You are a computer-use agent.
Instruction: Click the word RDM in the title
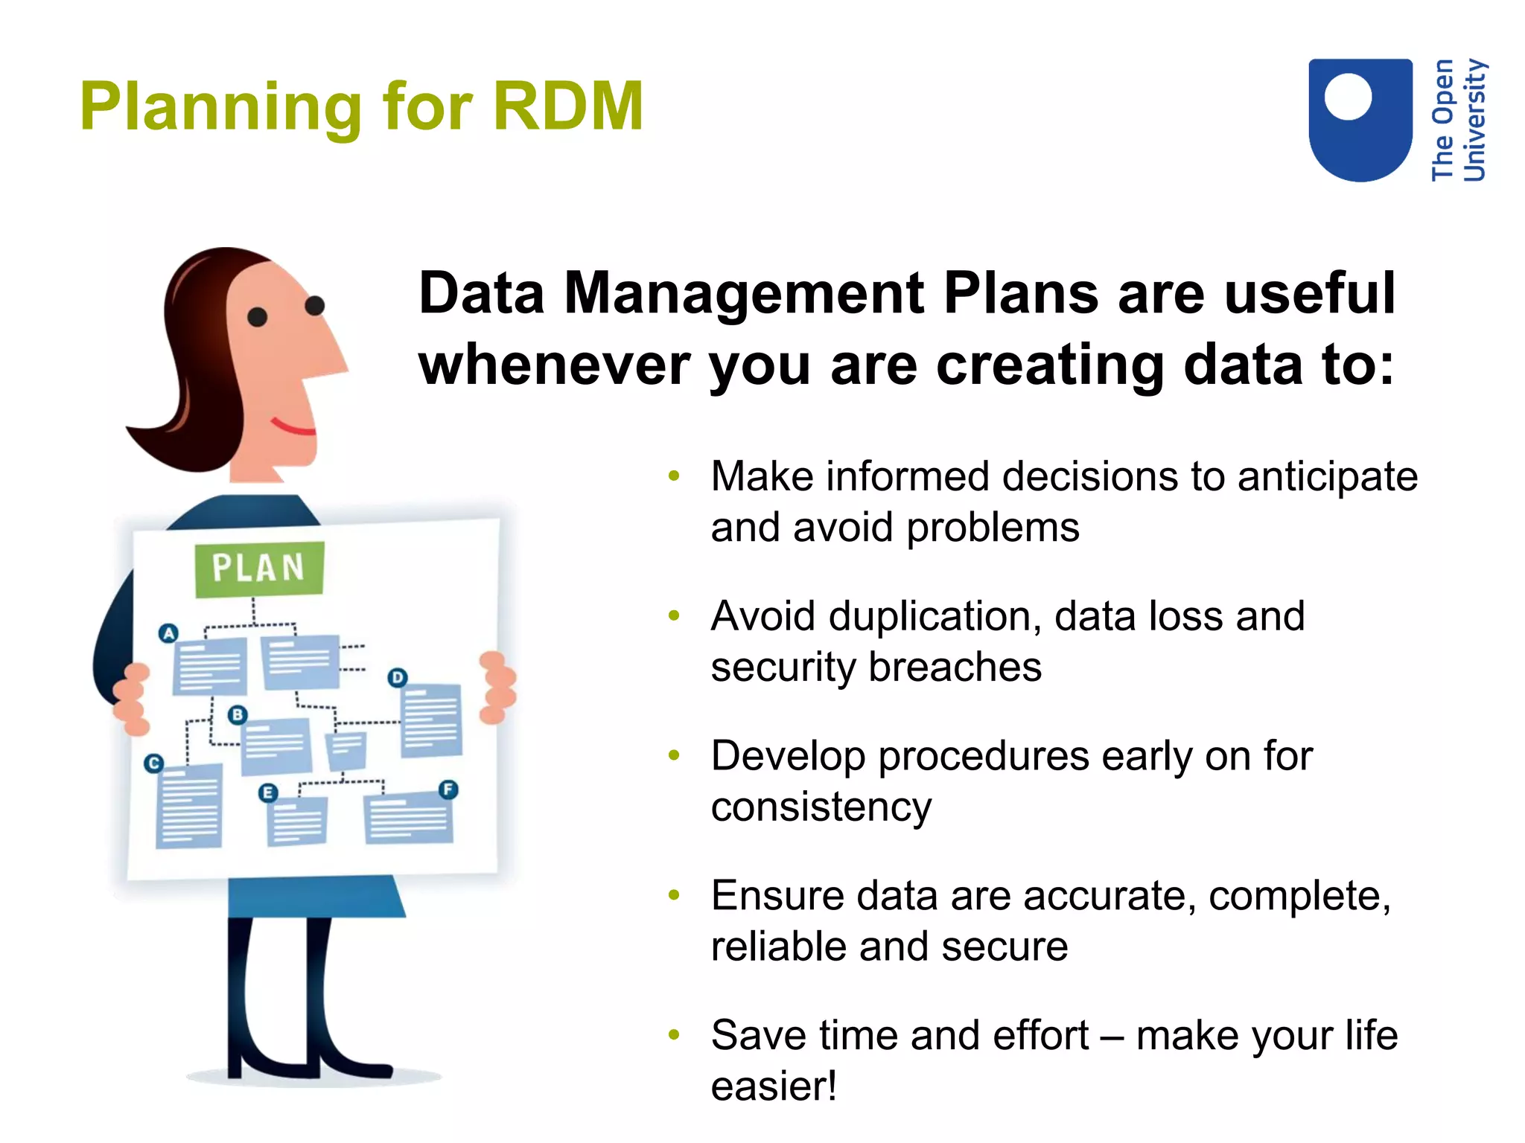(567, 106)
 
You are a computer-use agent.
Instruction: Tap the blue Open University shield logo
(1360, 119)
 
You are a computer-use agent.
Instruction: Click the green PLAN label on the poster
(258, 569)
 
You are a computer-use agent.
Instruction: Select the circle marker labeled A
(169, 633)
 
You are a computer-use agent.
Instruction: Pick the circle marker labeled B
(237, 715)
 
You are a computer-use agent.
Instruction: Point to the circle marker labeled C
(153, 763)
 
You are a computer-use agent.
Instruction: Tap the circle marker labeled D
(398, 677)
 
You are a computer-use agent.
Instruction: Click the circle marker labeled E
(267, 793)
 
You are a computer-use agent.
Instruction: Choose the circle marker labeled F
(448, 790)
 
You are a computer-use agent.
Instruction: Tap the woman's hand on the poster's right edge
(497, 687)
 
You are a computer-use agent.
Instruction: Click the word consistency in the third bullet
(821, 807)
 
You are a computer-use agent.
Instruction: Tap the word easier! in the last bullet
(774, 1086)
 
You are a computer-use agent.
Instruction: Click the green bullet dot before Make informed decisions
(674, 476)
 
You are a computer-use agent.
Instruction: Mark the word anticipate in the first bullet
(1327, 477)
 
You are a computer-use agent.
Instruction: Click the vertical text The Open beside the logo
(1442, 119)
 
